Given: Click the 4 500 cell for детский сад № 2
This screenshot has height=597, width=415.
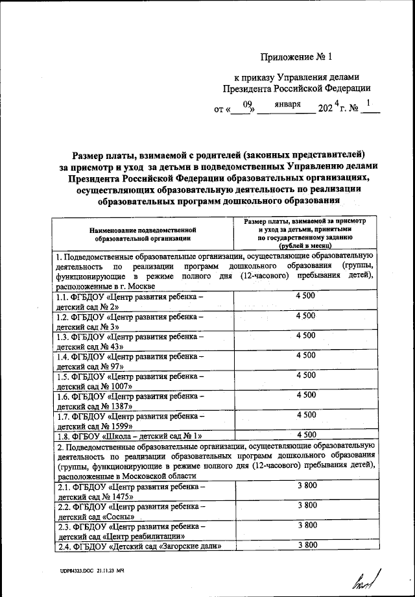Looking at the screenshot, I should point(305,296).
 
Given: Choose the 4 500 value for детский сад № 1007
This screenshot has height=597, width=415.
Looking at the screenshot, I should point(305,375).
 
